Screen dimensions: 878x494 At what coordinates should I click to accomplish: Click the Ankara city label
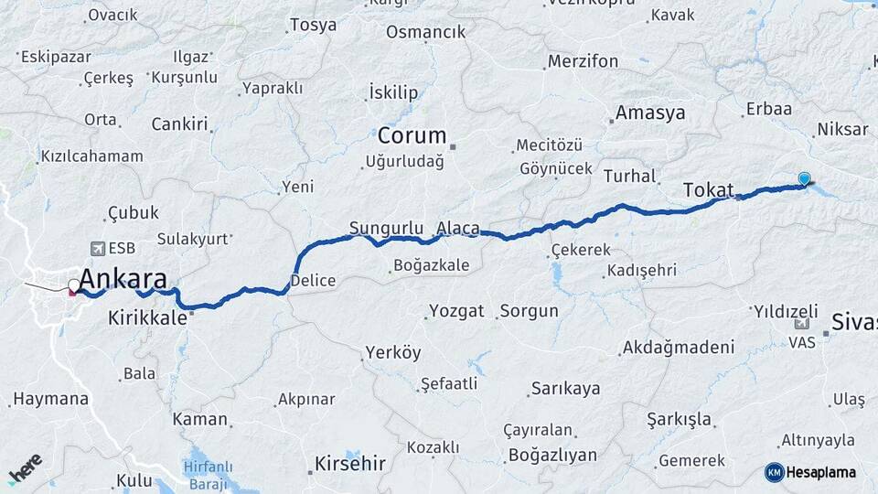[x=123, y=278]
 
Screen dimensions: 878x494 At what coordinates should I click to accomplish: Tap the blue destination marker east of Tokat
[x=804, y=179]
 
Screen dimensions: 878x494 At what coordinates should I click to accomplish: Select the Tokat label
[x=709, y=190]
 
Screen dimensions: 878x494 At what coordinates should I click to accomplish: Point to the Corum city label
[x=412, y=136]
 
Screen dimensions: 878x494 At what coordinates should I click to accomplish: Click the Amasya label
[x=649, y=113]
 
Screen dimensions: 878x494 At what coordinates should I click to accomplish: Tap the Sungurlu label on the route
[x=385, y=228]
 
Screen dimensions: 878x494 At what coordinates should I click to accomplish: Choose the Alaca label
[x=457, y=228]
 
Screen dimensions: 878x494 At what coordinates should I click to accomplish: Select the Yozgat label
[x=456, y=311]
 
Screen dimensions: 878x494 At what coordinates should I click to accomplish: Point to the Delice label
[x=313, y=281]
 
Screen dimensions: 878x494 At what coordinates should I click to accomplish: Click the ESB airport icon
[x=97, y=248]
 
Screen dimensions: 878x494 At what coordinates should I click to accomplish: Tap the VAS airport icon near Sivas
[x=802, y=325]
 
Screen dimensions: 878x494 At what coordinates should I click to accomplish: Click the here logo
[x=26, y=469]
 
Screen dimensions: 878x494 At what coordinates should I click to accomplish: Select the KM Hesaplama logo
[x=810, y=472]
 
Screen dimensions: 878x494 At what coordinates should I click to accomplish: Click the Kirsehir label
[x=349, y=463]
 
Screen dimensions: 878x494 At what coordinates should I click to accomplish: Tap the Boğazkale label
[x=430, y=265]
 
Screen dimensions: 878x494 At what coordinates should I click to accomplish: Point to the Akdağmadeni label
[x=677, y=348]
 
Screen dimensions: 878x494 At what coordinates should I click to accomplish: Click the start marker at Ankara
[x=73, y=287]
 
